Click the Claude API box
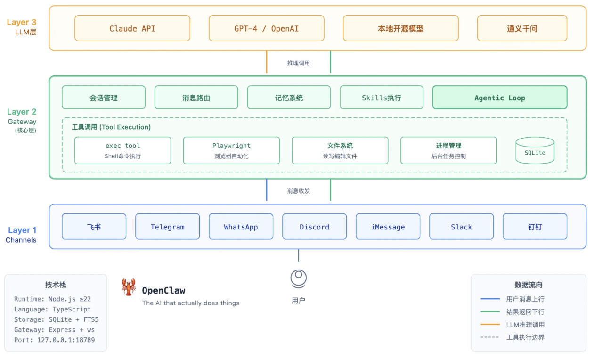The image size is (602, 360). pyautogui.click(x=132, y=28)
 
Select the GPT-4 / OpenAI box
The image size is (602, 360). pyautogui.click(x=267, y=28)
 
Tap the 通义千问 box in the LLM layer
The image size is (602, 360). pyautogui.click(x=522, y=28)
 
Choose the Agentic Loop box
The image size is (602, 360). pyautogui.click(x=499, y=98)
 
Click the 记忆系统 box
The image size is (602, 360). pyautogui.click(x=289, y=98)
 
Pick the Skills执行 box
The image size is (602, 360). pyautogui.click(x=382, y=98)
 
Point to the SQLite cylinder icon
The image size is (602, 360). pyautogui.click(x=535, y=150)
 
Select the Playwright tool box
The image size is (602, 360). pyautogui.click(x=231, y=150)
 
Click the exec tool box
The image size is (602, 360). pyautogui.click(x=123, y=150)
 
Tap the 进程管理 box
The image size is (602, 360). pyautogui.click(x=448, y=150)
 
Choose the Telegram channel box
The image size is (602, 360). pyautogui.click(x=167, y=227)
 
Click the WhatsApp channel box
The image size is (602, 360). pyautogui.click(x=241, y=227)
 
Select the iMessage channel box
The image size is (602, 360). pyautogui.click(x=388, y=227)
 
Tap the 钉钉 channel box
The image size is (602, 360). pyautogui.click(x=535, y=227)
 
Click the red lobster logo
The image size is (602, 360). pyautogui.click(x=129, y=287)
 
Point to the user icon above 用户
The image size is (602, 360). pyautogui.click(x=298, y=278)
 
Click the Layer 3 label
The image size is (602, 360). pyautogui.click(x=21, y=22)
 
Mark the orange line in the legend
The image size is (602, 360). pyautogui.click(x=490, y=325)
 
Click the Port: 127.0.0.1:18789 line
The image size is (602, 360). pyautogui.click(x=54, y=340)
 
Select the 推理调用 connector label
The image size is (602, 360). pyautogui.click(x=299, y=63)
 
